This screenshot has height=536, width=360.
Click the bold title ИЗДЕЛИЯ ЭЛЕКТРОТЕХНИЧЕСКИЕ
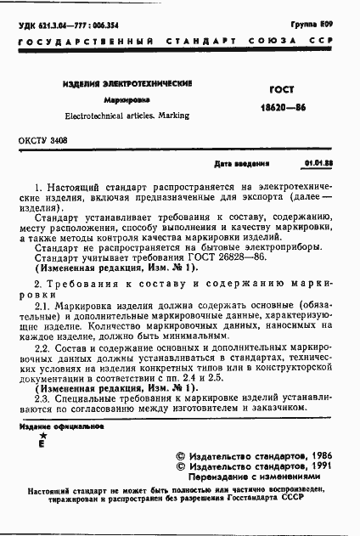127,85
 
